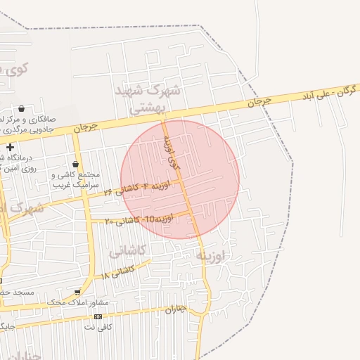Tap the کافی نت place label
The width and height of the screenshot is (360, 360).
pos(98,327)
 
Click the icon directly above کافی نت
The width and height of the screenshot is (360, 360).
pos(98,316)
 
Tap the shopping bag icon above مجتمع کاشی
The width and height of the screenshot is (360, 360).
pos(75,164)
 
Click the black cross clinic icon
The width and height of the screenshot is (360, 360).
pos(11,148)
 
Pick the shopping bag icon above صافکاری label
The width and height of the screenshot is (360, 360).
pos(22,108)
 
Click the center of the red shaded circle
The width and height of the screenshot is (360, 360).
pos(180,179)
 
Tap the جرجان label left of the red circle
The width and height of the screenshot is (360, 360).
pos(85,127)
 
